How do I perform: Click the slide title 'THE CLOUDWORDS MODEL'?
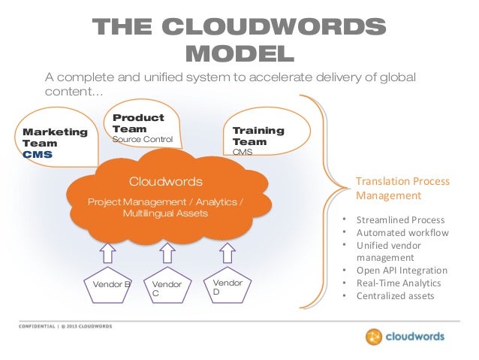[x=239, y=40]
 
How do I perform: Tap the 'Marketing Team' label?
[x=55, y=137]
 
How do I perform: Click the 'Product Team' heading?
[x=137, y=123]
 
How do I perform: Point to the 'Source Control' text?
[x=142, y=140]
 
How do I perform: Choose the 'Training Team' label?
[x=258, y=136]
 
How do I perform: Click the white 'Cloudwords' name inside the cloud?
[x=165, y=181]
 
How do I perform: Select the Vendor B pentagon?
[x=111, y=286]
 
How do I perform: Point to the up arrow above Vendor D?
[x=225, y=251]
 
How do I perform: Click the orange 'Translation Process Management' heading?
[x=402, y=188]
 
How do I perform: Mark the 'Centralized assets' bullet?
[x=396, y=296]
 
